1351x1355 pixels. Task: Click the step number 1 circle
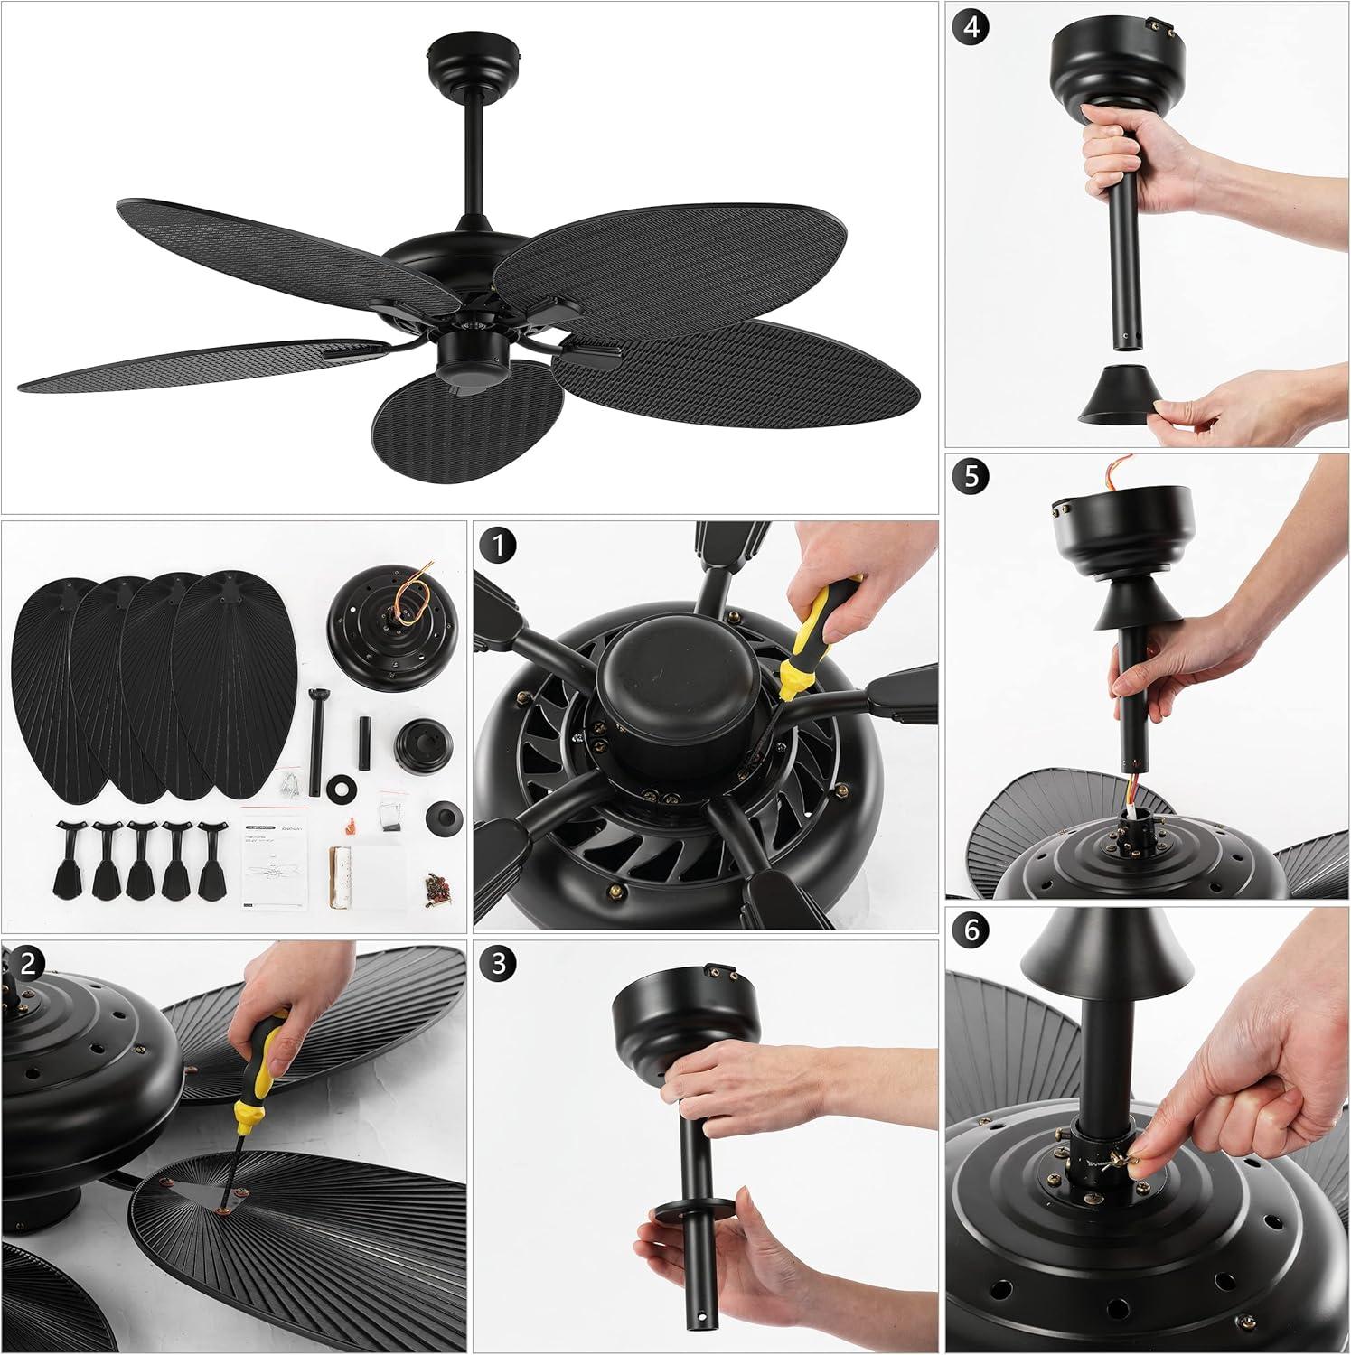[501, 547]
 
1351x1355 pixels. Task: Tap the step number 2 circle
[28, 963]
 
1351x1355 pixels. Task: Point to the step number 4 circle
[971, 26]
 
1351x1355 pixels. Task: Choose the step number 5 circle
[971, 476]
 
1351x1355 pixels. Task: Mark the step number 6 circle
[971, 930]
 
